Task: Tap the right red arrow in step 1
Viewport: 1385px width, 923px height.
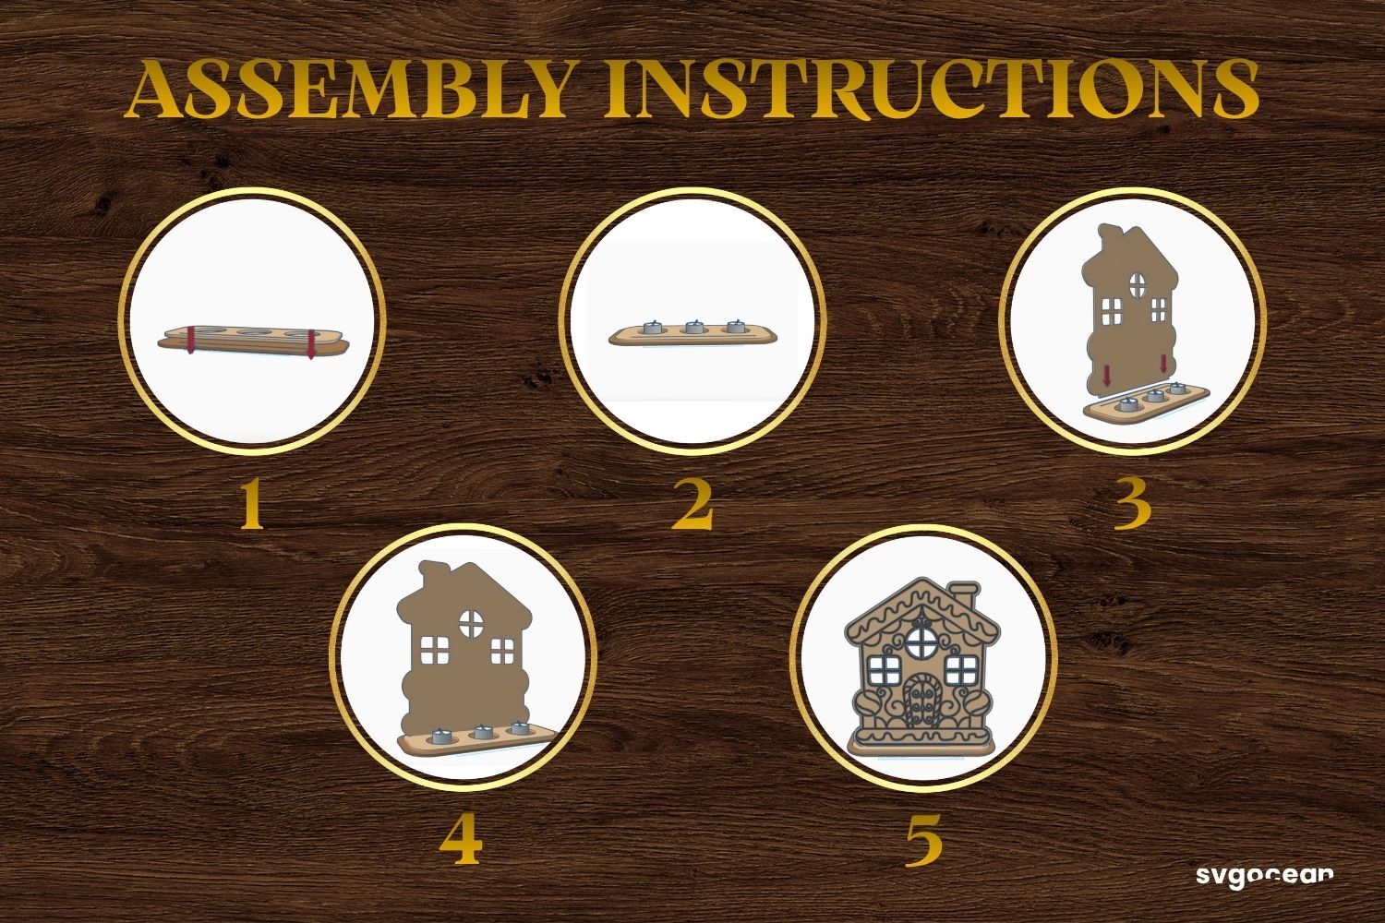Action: (x=310, y=344)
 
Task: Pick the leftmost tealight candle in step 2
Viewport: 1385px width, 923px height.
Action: (x=653, y=328)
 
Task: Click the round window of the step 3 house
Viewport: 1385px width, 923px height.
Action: (x=1137, y=285)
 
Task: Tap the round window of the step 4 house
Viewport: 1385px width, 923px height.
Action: (x=471, y=622)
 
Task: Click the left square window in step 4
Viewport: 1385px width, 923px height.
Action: (x=433, y=649)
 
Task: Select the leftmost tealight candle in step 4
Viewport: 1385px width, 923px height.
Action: (x=442, y=737)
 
